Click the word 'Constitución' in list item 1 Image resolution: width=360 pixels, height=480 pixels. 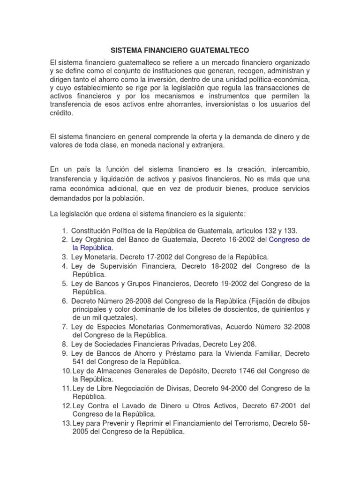93,230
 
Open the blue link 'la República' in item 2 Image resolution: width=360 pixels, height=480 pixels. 92,247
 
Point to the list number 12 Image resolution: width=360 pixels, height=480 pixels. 66,405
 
